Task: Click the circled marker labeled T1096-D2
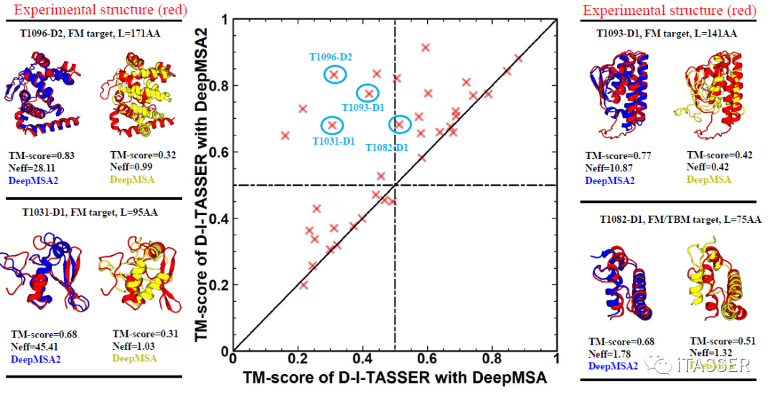[333, 74]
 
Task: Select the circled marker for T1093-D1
[369, 93]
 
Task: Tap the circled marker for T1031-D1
[332, 125]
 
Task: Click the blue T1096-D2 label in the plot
[330, 57]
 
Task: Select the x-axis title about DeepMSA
[394, 378]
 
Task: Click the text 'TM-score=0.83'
[42, 155]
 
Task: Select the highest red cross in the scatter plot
[426, 47]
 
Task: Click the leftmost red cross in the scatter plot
[285, 135]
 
